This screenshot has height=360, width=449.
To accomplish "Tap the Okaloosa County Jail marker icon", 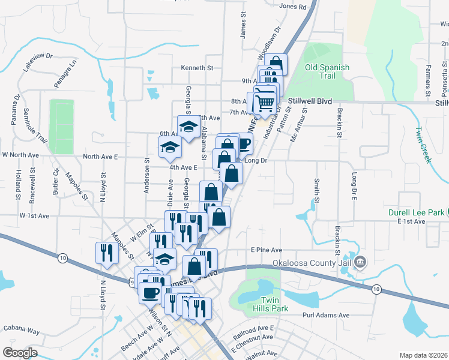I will pos(360,262).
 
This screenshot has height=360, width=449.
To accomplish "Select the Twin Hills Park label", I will pos(275,304).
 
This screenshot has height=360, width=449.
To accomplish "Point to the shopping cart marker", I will pos(264,103).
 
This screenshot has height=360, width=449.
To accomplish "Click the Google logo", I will pos(19,353).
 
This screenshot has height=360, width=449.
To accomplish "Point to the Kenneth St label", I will pos(197,68).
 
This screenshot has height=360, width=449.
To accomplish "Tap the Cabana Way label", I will pos(21,331).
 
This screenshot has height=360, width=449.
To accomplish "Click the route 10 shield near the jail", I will pos(376,289).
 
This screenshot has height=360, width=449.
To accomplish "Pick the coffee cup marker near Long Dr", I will pos(243,143).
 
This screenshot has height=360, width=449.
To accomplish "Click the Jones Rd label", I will pos(293,7).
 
